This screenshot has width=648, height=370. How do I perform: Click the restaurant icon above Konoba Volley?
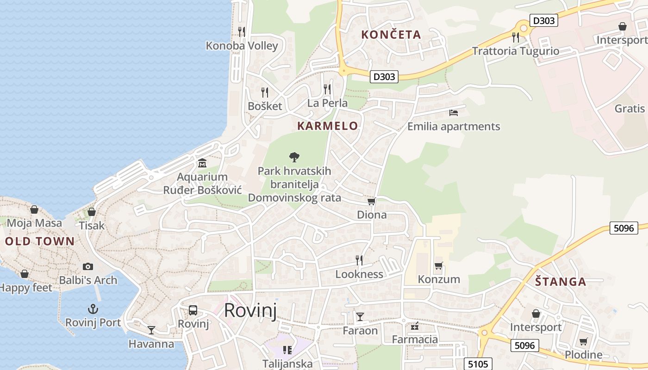[x=241, y=31]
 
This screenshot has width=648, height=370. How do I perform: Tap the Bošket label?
[x=265, y=106]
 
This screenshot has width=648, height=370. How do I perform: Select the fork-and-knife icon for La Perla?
[x=327, y=88]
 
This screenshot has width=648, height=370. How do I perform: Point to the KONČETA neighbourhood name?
[x=391, y=34]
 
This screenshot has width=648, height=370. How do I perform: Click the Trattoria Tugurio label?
[x=516, y=51]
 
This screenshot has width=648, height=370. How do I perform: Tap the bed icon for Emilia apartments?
[x=454, y=112]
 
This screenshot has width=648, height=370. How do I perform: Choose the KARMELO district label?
[x=328, y=126]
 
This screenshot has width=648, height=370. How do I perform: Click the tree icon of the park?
[x=294, y=157]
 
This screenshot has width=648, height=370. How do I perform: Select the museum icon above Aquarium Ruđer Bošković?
[x=202, y=163]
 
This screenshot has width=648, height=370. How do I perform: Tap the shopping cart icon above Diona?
[x=371, y=201]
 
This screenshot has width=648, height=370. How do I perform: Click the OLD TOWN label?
[x=39, y=241]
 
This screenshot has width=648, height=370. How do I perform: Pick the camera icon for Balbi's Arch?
[x=88, y=266]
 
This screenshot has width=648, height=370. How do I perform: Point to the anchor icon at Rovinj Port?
[x=93, y=308]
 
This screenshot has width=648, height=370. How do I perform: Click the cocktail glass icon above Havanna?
[x=151, y=330]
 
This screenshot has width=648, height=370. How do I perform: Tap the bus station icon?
[x=193, y=310]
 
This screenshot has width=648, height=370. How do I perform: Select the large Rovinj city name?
[x=250, y=310]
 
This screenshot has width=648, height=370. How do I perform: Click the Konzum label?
[x=439, y=279]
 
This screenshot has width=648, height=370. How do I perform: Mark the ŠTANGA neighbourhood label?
[x=561, y=281]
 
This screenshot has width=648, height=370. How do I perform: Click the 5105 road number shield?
[x=478, y=364]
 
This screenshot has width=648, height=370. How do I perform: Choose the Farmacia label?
[x=415, y=339]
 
